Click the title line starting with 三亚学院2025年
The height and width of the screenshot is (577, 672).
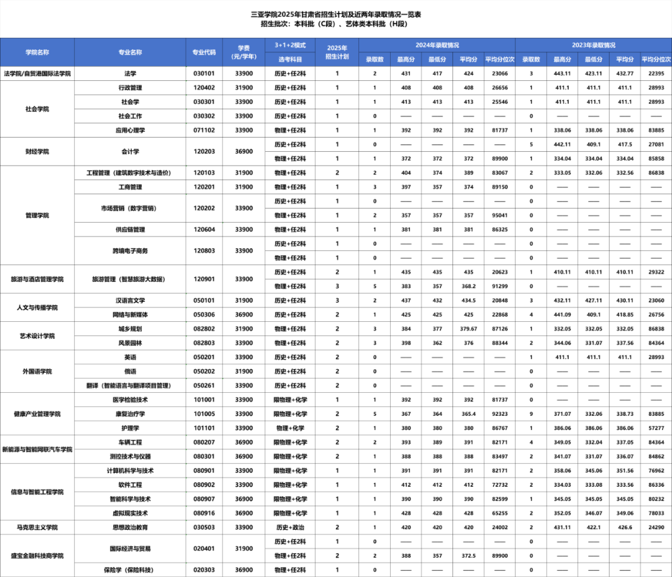(336, 13)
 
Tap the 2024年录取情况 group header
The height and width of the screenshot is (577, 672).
(437, 45)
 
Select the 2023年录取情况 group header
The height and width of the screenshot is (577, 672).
(594, 45)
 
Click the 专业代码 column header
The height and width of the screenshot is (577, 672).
(204, 52)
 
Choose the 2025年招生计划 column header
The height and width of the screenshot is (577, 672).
(337, 52)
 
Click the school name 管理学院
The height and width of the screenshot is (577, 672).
(37, 215)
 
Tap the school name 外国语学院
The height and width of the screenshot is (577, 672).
(37, 372)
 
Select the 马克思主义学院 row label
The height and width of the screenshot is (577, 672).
(37, 527)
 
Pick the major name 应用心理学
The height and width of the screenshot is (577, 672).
(130, 130)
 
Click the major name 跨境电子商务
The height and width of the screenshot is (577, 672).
(130, 251)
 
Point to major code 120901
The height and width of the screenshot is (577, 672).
(204, 279)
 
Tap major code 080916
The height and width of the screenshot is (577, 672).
(204, 514)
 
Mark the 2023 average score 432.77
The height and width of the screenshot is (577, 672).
(625, 73)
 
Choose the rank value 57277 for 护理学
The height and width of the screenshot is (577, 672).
(656, 428)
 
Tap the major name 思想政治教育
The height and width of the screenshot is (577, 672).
(130, 527)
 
